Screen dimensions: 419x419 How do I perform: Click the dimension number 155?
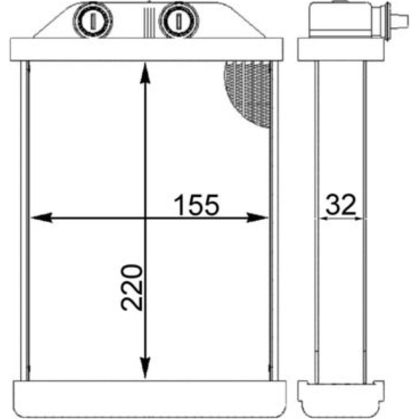pyautogui.click(x=196, y=205)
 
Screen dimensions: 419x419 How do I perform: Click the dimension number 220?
pyautogui.click(x=131, y=288)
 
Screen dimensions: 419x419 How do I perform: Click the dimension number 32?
pyautogui.click(x=341, y=205)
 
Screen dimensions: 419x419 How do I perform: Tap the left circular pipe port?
pyautogui.click(x=93, y=21)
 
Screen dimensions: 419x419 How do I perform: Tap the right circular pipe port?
pyautogui.click(x=179, y=21)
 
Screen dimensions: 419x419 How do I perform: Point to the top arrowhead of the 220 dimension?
pyautogui.click(x=145, y=72)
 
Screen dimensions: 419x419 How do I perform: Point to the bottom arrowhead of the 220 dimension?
pyautogui.click(x=145, y=368)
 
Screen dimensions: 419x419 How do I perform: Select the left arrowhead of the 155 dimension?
pyautogui.click(x=41, y=218)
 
